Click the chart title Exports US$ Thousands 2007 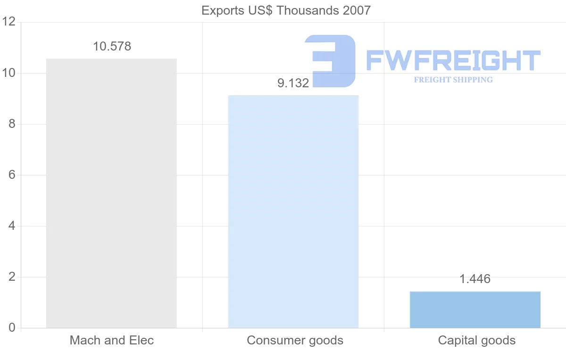coord(286,10)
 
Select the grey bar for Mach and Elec coord(111,193)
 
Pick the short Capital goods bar coord(475,310)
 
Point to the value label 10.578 coord(112,47)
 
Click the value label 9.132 coord(293,84)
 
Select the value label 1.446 coord(475,279)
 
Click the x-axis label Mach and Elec coord(112,340)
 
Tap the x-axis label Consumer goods coord(295,340)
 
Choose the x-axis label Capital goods coord(477,340)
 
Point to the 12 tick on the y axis coord(9,22)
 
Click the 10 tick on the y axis coord(9,73)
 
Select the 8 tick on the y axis coord(12,124)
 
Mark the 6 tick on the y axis coord(12,175)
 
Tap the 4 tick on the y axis coord(12,226)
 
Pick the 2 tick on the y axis coord(12,277)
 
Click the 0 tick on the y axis coord(12,328)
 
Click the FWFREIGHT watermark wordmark coord(453,61)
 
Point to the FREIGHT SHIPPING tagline coord(453,80)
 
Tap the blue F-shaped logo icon coord(330,61)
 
